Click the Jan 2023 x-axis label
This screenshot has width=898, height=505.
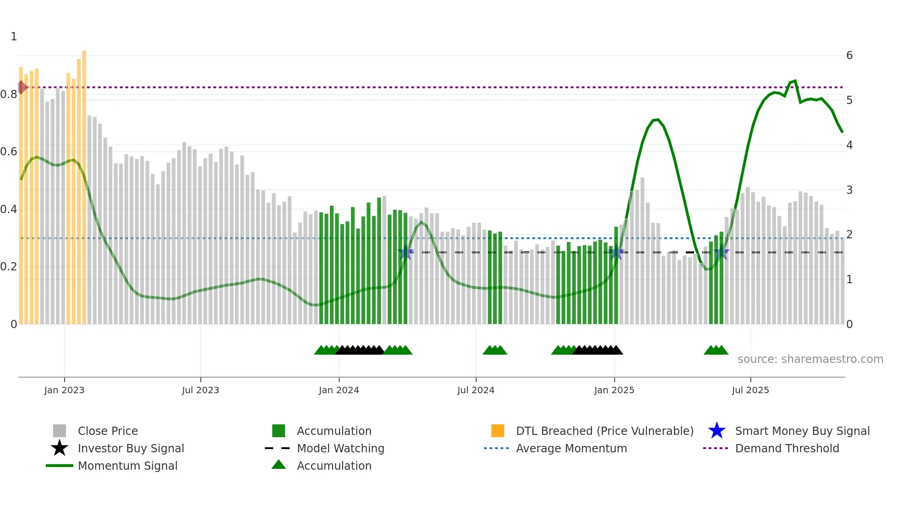pyautogui.click(x=64, y=390)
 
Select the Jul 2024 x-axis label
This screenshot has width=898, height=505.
pyautogui.click(x=476, y=390)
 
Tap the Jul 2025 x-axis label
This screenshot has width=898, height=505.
pyautogui.click(x=750, y=390)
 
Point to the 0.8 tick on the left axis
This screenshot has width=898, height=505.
pyautogui.click(x=9, y=94)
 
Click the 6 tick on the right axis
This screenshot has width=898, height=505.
pyautogui.click(x=849, y=55)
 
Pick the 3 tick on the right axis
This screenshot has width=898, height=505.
pyautogui.click(x=849, y=190)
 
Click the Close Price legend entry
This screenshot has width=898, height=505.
pyautogui.click(x=107, y=431)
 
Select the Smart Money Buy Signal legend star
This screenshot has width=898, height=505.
pyautogui.click(x=717, y=431)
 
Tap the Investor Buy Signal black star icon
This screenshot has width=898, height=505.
pyautogui.click(x=60, y=448)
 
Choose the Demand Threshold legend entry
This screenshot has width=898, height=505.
pyautogui.click(x=787, y=448)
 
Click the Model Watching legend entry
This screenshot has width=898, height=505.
pyautogui.click(x=340, y=448)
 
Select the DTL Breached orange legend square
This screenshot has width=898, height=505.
pyautogui.click(x=498, y=431)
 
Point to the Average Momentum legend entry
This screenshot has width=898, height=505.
pyautogui.click(x=571, y=448)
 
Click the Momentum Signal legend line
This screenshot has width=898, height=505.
pyautogui.click(x=60, y=466)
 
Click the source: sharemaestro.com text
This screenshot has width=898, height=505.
pyautogui.click(x=810, y=359)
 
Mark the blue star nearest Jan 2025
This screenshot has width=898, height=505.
pyautogui.click(x=617, y=252)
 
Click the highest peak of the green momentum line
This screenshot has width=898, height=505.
pyautogui.click(x=795, y=81)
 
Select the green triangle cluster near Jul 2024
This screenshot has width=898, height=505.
pyautogui.click(x=495, y=350)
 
